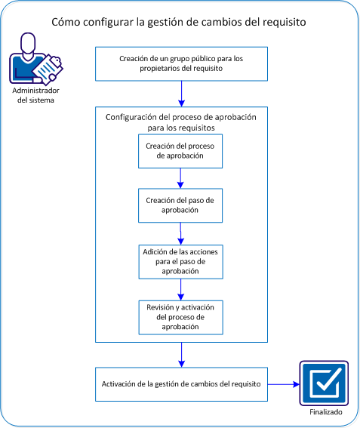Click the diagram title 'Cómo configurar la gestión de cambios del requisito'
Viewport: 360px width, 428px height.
coord(179,22)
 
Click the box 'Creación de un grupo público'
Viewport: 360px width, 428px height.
coord(180,63)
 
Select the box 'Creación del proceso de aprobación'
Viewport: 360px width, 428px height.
coord(180,151)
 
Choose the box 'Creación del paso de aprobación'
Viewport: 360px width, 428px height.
coord(180,205)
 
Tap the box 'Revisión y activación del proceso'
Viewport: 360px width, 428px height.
coord(180,317)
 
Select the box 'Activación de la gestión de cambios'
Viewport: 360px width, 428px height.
coord(180,384)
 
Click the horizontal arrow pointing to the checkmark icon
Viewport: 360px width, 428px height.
coord(282,384)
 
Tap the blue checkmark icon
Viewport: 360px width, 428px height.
coord(324,383)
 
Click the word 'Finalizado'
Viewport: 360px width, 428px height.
coord(324,413)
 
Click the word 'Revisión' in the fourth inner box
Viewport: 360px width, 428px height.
coord(158,307)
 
